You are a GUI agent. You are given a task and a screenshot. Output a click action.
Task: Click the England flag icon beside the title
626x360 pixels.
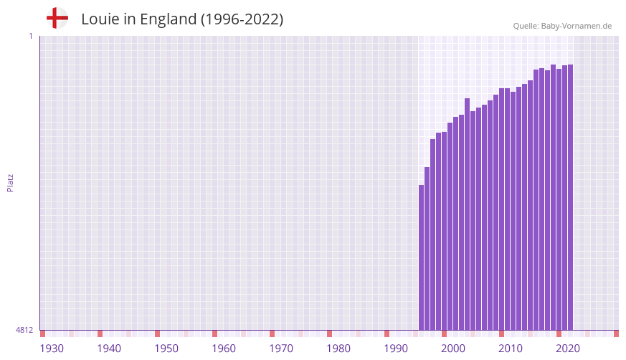[57, 18]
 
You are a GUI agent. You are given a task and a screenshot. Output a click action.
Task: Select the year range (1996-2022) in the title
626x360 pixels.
[242, 19]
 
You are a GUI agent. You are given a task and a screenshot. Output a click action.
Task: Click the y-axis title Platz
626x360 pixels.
[10, 182]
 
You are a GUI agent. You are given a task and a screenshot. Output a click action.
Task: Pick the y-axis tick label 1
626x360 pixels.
[31, 36]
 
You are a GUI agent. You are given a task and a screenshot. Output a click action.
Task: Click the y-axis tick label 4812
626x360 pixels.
[24, 330]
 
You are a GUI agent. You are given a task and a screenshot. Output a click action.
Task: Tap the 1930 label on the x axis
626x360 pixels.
[52, 349]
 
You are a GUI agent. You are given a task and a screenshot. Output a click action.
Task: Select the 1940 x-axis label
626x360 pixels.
[109, 349]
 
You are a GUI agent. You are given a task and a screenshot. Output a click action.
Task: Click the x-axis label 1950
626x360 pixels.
[166, 349]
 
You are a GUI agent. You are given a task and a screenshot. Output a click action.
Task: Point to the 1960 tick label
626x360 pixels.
[224, 349]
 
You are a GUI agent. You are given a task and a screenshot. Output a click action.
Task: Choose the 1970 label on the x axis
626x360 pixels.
[281, 349]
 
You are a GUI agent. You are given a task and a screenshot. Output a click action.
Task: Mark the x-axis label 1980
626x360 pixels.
[338, 349]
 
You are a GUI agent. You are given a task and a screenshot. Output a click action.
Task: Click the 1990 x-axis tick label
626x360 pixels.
[396, 349]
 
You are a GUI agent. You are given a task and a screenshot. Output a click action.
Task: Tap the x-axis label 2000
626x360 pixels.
[453, 349]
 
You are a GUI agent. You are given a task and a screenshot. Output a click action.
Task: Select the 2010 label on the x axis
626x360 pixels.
[511, 349]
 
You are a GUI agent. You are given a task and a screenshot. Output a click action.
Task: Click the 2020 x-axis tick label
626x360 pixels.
[568, 349]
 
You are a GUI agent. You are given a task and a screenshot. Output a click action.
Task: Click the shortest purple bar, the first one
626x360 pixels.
[422, 257]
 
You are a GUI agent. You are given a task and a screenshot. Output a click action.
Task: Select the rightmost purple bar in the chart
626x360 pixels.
[570, 197]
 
